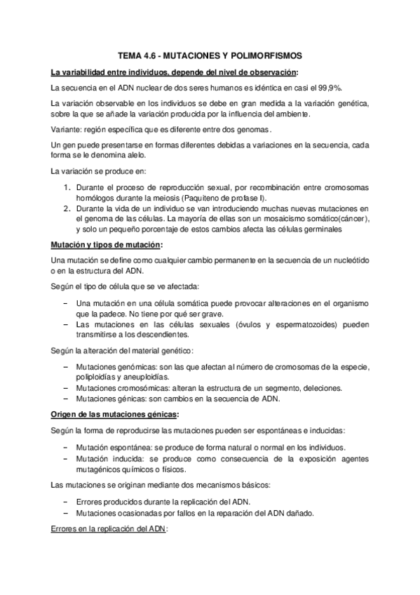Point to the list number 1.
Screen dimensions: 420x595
tap(67, 189)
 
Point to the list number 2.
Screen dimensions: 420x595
tap(67, 208)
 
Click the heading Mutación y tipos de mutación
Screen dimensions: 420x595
tap(105, 245)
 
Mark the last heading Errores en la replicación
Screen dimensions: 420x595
tap(107, 531)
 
